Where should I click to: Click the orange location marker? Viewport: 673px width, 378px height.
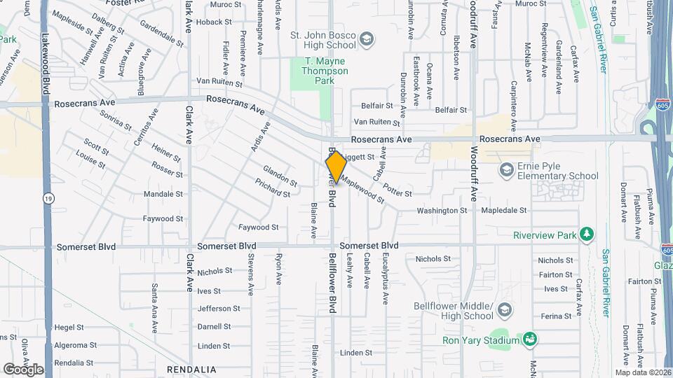(335, 167)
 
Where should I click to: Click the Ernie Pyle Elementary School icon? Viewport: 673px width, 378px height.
(506, 170)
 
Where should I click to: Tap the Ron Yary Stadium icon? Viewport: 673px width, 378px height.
(530, 340)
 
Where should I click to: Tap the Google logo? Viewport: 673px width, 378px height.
(23, 369)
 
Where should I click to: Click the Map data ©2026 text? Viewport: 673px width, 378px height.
(643, 372)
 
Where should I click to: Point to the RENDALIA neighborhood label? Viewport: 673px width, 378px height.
(190, 369)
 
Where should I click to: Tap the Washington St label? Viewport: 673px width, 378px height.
(442, 210)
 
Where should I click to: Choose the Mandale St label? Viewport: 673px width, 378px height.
(163, 194)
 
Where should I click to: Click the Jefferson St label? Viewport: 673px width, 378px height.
(219, 308)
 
